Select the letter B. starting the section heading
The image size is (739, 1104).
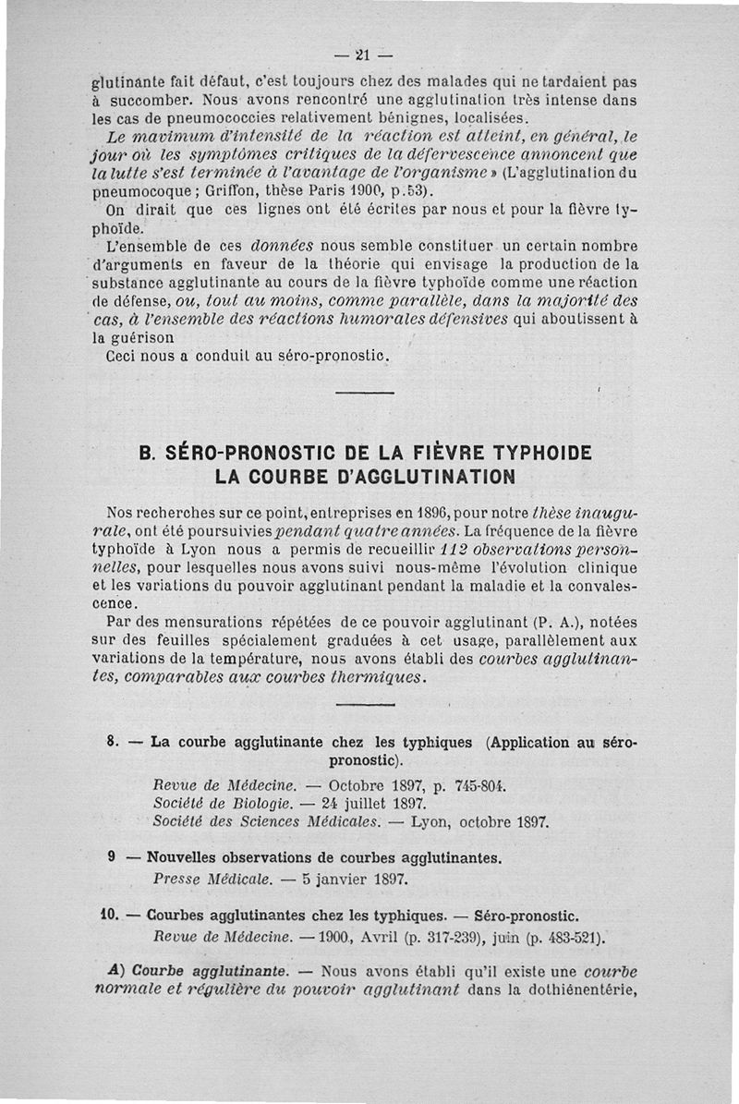click(x=147, y=455)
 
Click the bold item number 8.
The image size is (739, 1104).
click(x=111, y=741)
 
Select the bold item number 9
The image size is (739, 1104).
click(x=111, y=856)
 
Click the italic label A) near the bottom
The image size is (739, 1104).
click(x=115, y=972)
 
